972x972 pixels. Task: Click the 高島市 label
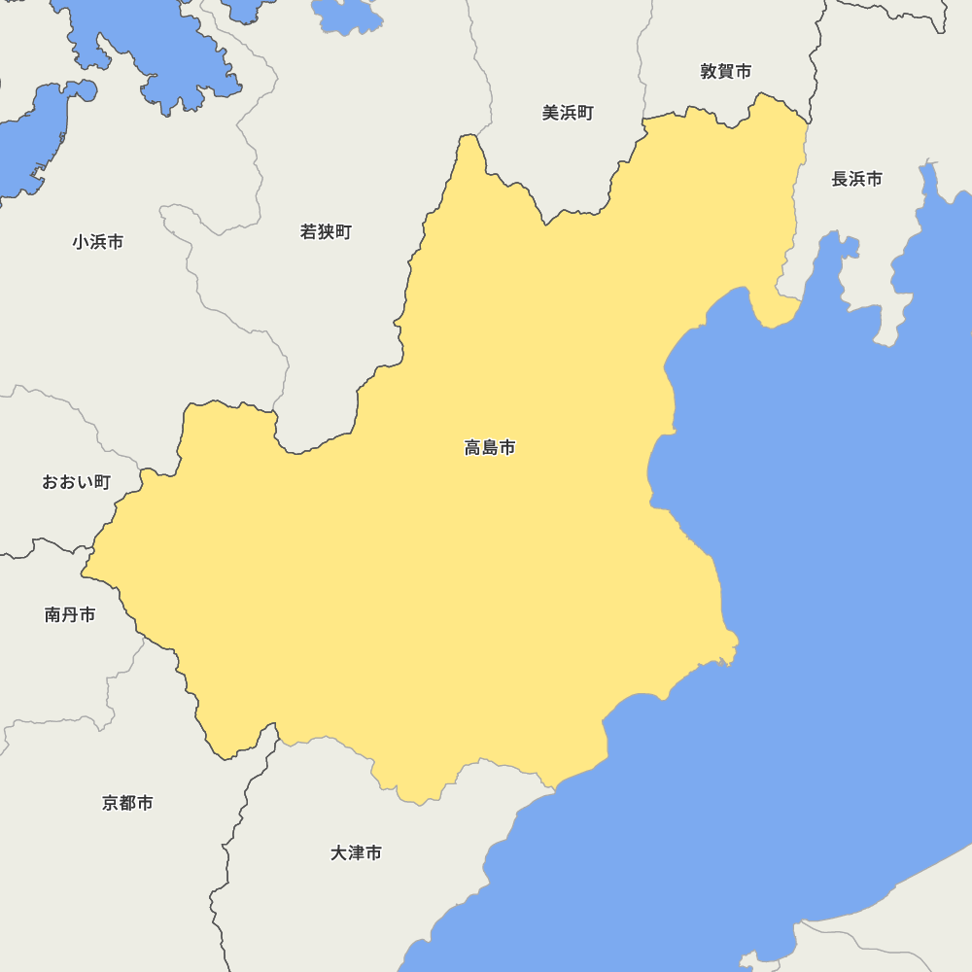[490, 448]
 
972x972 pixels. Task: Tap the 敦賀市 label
[726, 71]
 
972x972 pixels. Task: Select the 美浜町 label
[568, 113]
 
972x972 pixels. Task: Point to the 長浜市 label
[857, 179]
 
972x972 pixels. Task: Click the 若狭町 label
[326, 232]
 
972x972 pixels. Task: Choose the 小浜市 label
[98, 242]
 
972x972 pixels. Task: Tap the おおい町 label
[76, 482]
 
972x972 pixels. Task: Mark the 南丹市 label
[70, 614]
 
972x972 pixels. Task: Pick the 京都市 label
[127, 803]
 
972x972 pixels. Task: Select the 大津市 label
[356, 853]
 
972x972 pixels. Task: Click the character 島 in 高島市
[490, 448]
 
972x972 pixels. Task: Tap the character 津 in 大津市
[356, 853]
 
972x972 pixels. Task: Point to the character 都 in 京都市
[127, 803]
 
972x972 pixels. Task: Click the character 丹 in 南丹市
[70, 614]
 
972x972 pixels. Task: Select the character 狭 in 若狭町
[326, 232]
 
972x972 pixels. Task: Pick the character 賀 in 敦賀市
[726, 71]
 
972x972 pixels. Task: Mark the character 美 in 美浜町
[550, 113]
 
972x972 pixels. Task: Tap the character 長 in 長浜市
[840, 179]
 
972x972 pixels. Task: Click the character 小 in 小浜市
[81, 242]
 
